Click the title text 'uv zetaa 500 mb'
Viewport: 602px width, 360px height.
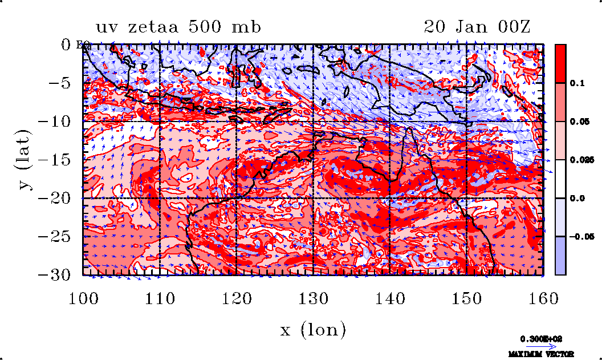pyautogui.click(x=178, y=27)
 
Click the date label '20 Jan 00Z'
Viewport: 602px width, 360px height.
pyautogui.click(x=477, y=27)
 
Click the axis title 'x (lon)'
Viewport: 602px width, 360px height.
pyautogui.click(x=313, y=329)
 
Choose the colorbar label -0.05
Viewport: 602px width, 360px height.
pyautogui.click(x=578, y=236)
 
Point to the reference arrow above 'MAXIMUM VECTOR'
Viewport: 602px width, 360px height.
pyautogui.click(x=540, y=346)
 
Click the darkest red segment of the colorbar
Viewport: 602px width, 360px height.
pyautogui.click(x=560, y=63)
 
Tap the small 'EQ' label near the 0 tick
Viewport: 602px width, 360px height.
pyautogui.click(x=81, y=46)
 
